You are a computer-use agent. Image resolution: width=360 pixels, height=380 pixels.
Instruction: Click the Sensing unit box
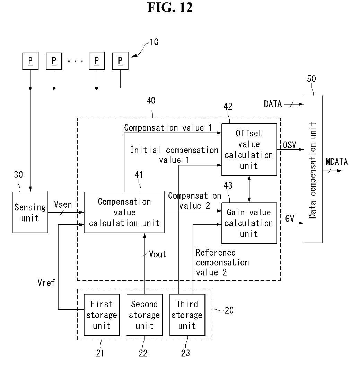[x=30, y=212]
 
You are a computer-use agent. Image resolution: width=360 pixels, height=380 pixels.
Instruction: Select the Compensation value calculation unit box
[x=124, y=212]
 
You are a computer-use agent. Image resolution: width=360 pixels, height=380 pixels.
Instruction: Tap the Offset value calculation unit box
[x=249, y=149]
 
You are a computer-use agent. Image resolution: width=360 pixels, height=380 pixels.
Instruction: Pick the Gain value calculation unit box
[x=249, y=223]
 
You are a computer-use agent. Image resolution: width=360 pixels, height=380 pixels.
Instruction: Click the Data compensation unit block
[x=313, y=169]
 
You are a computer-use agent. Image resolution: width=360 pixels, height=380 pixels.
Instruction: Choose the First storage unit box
[x=102, y=315]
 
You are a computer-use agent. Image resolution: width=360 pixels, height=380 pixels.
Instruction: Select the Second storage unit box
[x=144, y=315]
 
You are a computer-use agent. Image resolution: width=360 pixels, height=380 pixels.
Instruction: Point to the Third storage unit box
[x=187, y=315]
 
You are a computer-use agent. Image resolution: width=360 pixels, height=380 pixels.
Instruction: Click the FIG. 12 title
[x=170, y=7]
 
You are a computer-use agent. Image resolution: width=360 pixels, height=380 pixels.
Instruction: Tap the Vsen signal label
[x=63, y=205]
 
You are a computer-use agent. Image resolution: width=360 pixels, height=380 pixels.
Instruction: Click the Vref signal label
[x=46, y=282]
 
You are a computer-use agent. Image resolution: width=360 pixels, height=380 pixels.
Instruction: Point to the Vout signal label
[x=158, y=254]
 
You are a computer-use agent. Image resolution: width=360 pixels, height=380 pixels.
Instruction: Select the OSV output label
[x=290, y=145]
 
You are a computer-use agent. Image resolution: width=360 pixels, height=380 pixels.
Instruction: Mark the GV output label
[x=290, y=219]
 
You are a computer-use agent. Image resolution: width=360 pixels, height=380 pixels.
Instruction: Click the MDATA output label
[x=337, y=162]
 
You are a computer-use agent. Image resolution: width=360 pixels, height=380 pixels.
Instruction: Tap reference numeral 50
[x=311, y=79]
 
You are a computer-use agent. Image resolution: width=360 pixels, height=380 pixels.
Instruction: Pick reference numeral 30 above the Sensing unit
[x=18, y=175]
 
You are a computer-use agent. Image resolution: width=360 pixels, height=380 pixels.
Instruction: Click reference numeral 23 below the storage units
[x=186, y=353]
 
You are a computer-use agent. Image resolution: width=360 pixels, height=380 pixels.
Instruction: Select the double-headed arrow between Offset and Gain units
[x=249, y=189]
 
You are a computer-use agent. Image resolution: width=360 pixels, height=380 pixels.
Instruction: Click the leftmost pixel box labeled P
[x=30, y=61]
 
